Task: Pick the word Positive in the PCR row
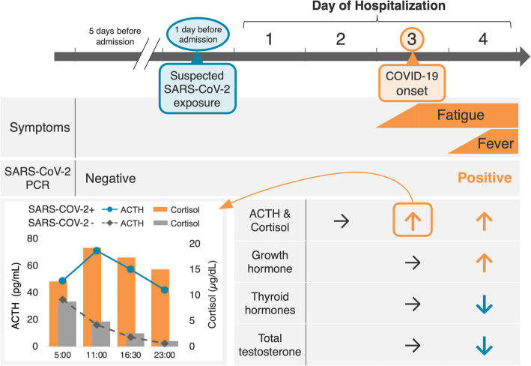(x=485, y=178)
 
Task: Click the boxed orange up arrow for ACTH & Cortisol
(x=411, y=220)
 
